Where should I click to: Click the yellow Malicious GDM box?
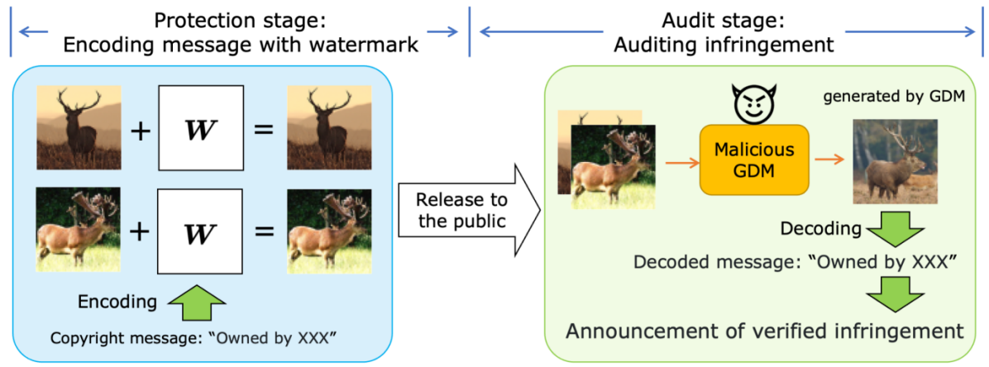(753, 160)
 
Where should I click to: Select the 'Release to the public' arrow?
(468, 211)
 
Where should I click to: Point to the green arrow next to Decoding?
(894, 228)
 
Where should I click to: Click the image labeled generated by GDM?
(896, 161)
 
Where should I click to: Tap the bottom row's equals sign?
(264, 231)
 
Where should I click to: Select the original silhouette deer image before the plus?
(79, 127)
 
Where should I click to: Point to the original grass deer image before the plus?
(79, 229)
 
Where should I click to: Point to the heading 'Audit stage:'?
(724, 20)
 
